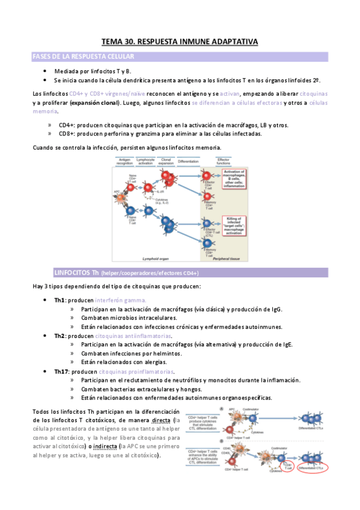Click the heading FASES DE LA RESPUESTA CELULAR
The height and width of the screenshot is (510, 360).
click(83, 57)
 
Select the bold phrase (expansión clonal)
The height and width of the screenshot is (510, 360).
click(94, 103)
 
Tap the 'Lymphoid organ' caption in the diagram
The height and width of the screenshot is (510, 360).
click(145, 258)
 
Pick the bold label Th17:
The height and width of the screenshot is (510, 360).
click(62, 372)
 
